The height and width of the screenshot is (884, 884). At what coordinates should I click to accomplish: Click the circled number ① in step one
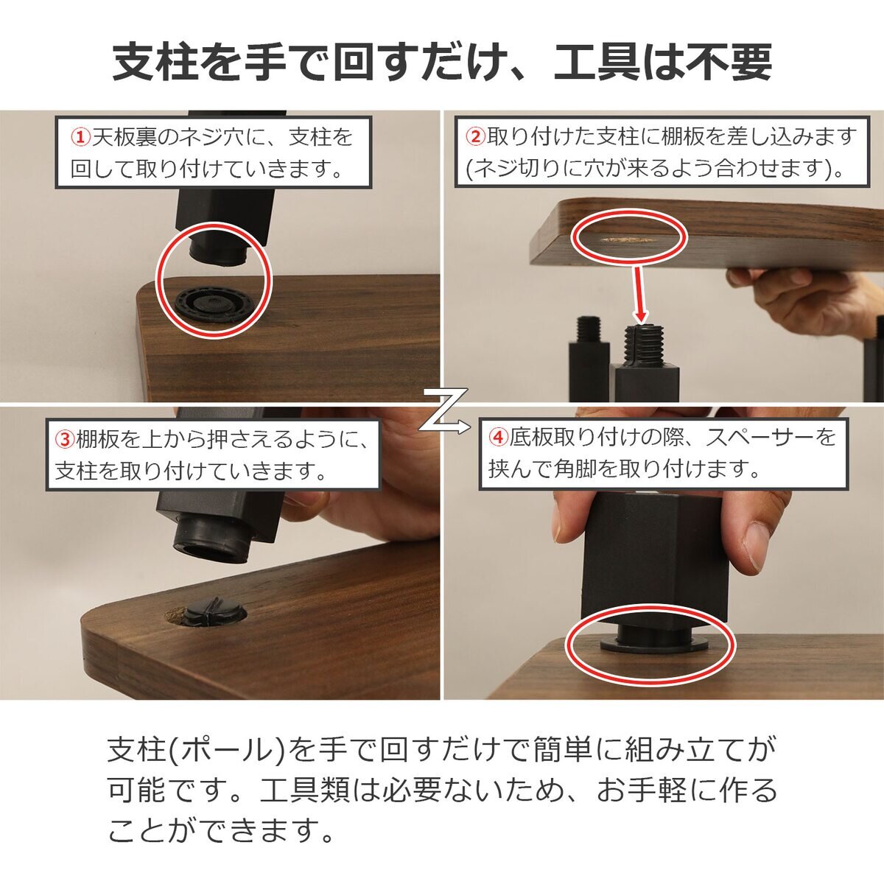pyautogui.click(x=80, y=137)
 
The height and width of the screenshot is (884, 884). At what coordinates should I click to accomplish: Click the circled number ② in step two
pyautogui.click(x=476, y=137)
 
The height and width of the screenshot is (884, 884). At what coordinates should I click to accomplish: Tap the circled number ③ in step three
pyautogui.click(x=65, y=440)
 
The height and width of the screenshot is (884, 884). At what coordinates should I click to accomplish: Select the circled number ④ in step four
pyautogui.click(x=498, y=437)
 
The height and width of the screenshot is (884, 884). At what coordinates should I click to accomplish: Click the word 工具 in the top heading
pyautogui.click(x=597, y=62)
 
